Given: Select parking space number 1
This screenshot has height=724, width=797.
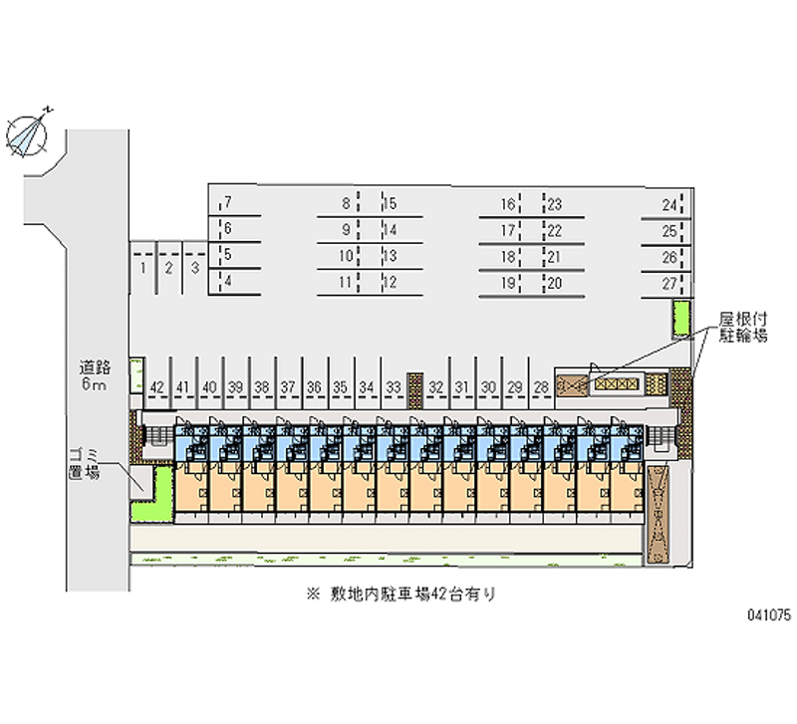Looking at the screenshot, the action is click(x=143, y=268).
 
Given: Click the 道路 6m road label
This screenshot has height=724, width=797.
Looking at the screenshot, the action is click(x=94, y=375).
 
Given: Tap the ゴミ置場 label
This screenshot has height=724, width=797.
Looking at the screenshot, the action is click(x=85, y=463).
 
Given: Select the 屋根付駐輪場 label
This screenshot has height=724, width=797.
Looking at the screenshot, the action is click(x=742, y=328).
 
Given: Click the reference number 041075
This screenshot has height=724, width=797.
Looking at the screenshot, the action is click(x=768, y=615).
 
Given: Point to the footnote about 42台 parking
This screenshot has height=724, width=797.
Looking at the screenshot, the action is click(x=401, y=594).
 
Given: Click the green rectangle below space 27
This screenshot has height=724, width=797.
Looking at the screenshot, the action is click(x=680, y=319).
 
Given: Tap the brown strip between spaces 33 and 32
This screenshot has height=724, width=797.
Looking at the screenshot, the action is click(x=415, y=390).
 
